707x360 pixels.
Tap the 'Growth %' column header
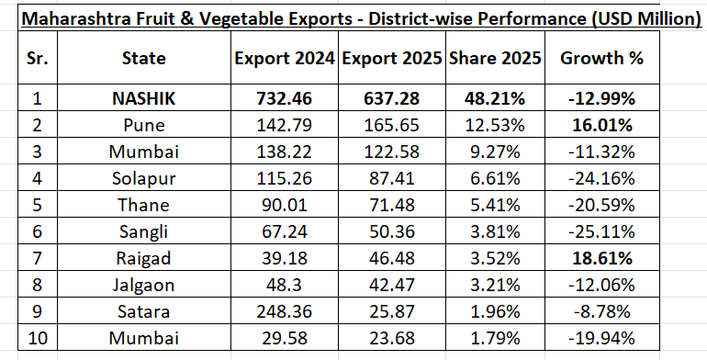point(601,58)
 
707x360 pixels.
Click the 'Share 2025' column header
point(497,58)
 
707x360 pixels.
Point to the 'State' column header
point(143,58)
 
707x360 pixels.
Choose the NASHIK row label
point(143,96)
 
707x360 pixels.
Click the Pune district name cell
point(143,123)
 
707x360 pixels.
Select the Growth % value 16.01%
point(601,123)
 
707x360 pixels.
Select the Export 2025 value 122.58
point(391,149)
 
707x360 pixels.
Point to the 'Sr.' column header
point(38,58)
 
